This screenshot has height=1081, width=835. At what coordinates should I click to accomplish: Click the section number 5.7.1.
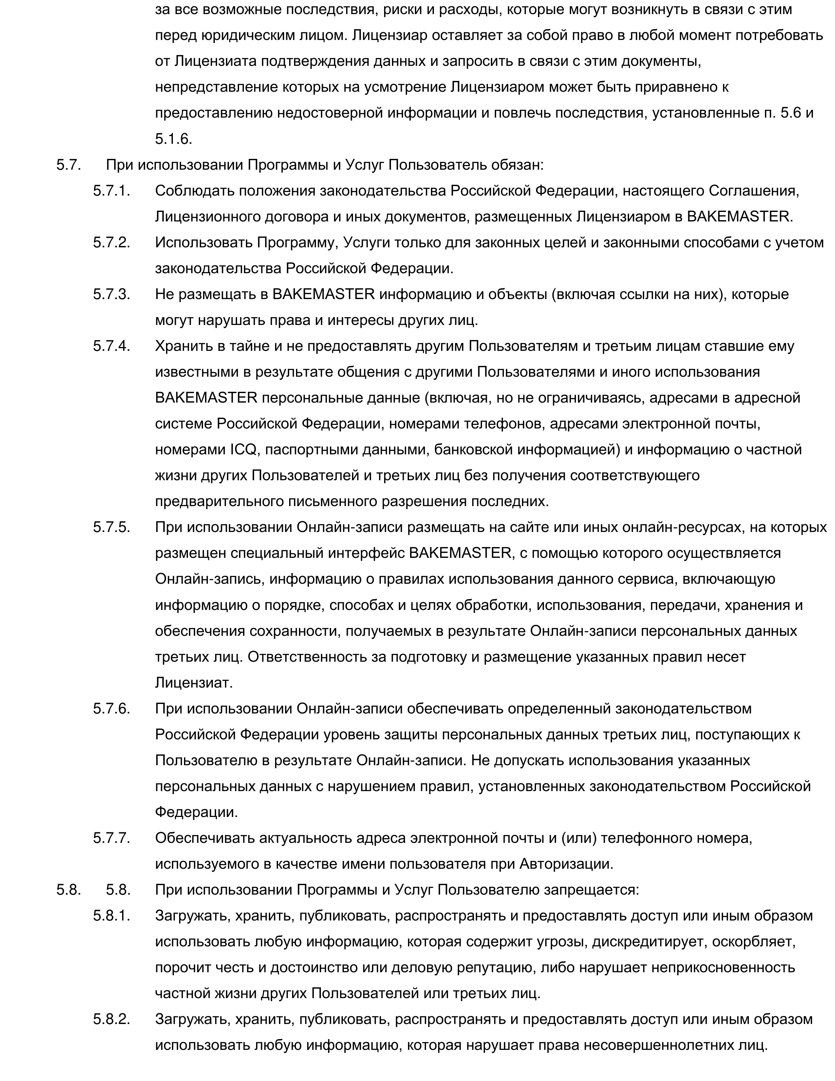(111, 191)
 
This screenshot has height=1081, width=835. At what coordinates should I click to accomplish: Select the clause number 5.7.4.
(111, 346)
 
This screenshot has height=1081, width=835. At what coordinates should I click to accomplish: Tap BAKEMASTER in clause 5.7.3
(324, 294)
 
